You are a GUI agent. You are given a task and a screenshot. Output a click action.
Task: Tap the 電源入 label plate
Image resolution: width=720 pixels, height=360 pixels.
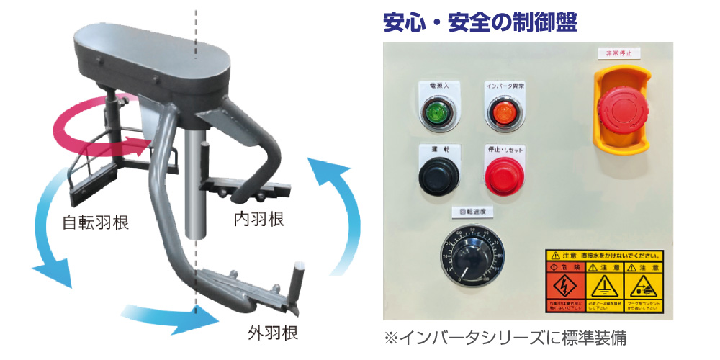[436, 86]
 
